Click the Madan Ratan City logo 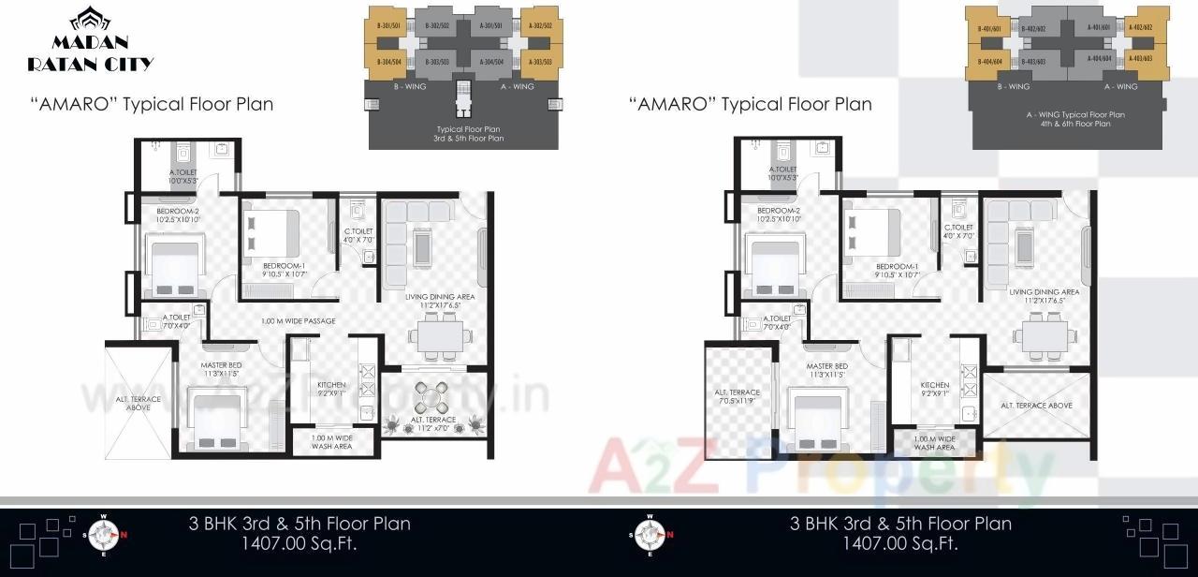click(91, 40)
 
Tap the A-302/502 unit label click(539, 26)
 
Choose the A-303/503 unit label click(539, 62)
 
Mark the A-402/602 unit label click(1140, 28)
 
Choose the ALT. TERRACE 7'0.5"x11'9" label click(739, 397)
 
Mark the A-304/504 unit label click(492, 62)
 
